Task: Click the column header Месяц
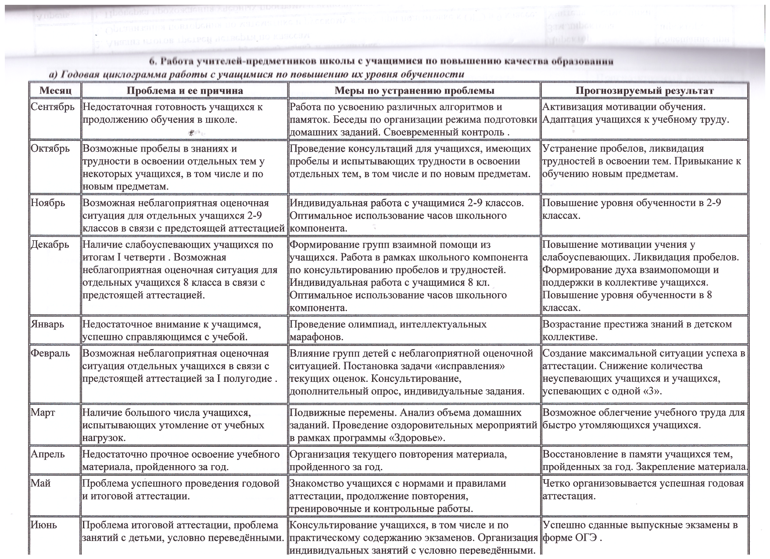click(x=55, y=91)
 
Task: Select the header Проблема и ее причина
click(x=185, y=91)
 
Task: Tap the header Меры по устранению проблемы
click(x=414, y=91)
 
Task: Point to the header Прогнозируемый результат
click(x=645, y=91)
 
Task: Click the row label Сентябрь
click(x=53, y=107)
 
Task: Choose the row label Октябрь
click(x=50, y=149)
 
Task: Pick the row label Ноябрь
click(x=48, y=203)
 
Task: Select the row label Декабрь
click(x=50, y=245)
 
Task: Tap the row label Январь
click(x=47, y=324)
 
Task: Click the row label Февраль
click(x=50, y=353)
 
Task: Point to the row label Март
click(x=43, y=413)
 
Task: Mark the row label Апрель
click(x=47, y=454)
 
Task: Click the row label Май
click(x=41, y=484)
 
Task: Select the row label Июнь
click(x=44, y=525)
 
